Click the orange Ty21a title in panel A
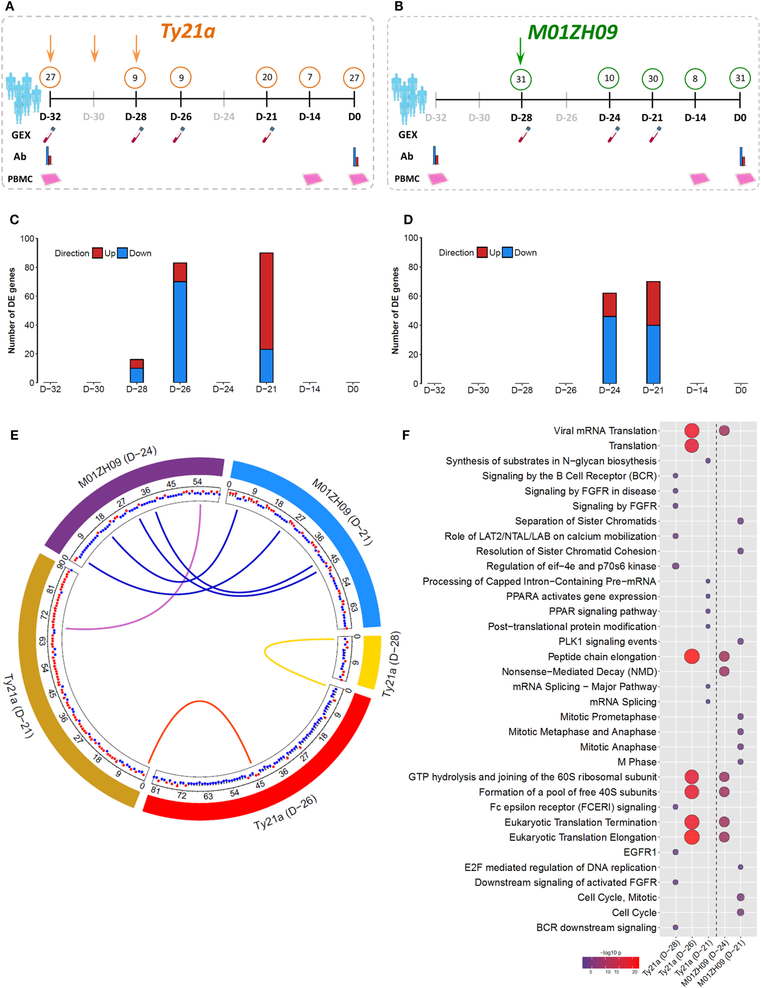188,31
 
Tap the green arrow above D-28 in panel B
521,51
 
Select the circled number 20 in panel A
267,77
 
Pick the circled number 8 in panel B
695,79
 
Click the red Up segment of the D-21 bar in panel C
266,301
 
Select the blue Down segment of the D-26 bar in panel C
180,332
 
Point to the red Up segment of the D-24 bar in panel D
609,304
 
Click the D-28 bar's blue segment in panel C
137,375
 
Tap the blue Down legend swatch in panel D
507,252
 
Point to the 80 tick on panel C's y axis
29,267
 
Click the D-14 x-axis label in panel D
696,390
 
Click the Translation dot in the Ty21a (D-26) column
691,446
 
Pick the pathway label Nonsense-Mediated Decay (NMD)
579,672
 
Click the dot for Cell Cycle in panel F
740,912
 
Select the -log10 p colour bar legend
610,962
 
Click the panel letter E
15,435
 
